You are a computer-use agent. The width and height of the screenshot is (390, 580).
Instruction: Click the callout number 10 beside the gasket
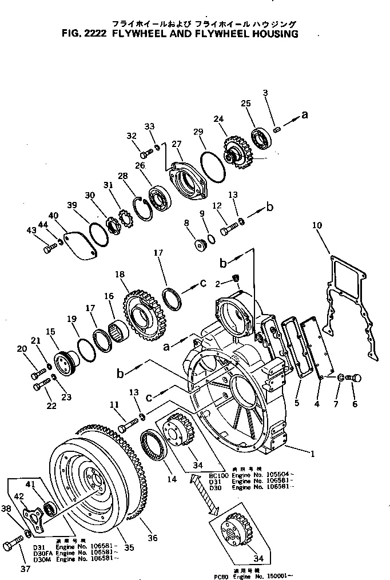pos(317,226)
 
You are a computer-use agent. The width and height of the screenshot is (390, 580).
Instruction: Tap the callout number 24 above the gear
pos(217,119)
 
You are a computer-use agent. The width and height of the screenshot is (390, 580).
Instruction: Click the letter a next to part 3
pos(304,115)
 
